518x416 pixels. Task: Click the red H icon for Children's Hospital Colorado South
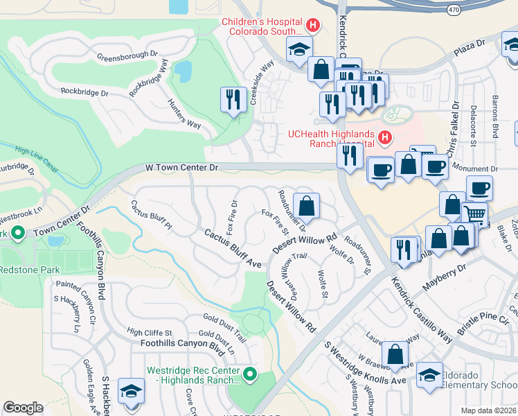pos(312,26)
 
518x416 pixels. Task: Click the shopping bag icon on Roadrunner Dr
pos(306,206)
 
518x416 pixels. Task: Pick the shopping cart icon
pos(474,216)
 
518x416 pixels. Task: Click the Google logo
pos(23,408)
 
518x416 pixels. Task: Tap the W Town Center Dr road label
pos(182,168)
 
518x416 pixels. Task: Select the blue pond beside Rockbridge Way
pos(183,71)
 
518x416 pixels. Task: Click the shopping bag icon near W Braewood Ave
pos(395,354)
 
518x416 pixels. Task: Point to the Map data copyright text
pos(488,410)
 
